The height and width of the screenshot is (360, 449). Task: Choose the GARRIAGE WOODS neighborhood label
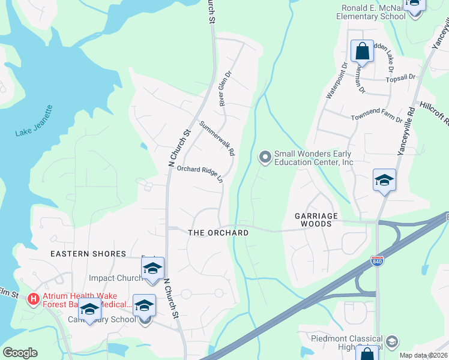313,219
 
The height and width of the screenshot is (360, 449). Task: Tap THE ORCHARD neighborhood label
218,233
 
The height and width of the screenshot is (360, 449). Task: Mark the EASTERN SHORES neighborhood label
88,254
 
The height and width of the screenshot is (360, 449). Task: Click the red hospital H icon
34,298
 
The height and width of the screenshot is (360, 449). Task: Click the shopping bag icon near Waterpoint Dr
363,52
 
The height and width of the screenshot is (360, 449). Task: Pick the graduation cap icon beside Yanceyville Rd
384,180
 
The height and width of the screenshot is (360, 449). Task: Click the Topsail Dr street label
402,77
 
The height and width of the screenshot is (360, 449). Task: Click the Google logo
20,353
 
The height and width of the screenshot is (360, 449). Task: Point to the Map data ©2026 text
423,355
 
